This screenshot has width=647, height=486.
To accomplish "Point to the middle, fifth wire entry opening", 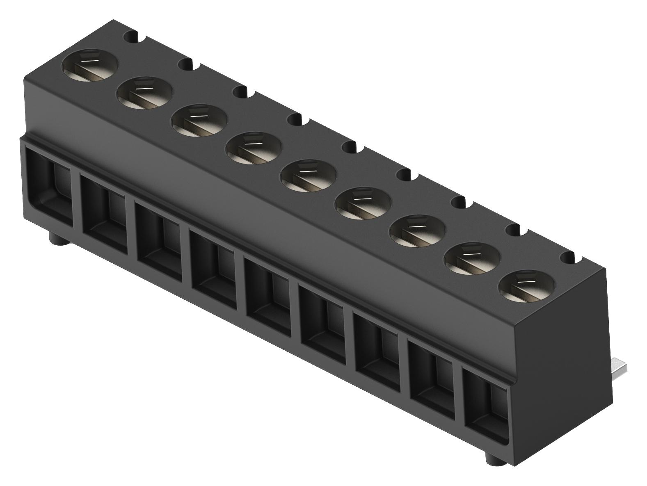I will coord(269,293).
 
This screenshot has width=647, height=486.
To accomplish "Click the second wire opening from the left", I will coord(105,213).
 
